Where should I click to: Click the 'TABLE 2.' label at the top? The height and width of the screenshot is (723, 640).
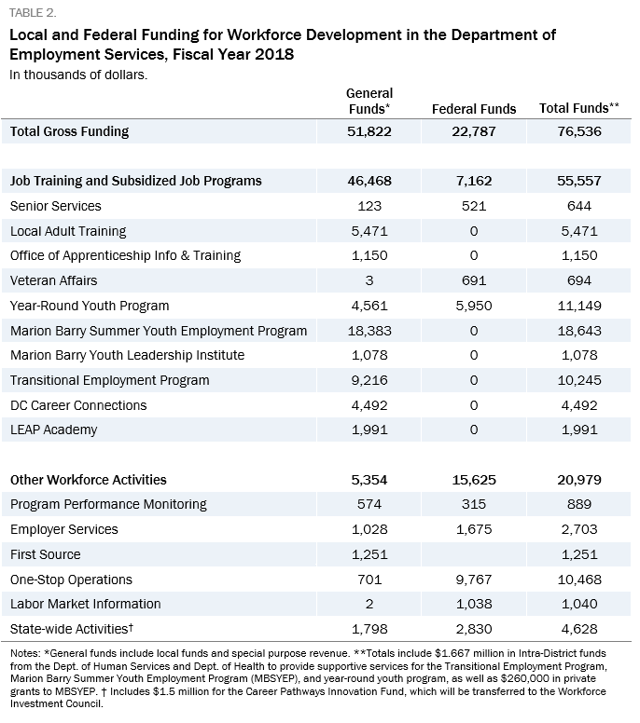[33, 13]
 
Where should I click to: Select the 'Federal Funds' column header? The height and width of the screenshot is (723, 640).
[474, 109]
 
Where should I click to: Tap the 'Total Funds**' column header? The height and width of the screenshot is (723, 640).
[579, 108]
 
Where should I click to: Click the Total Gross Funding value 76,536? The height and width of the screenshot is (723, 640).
[579, 131]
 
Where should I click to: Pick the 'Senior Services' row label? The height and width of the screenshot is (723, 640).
[55, 206]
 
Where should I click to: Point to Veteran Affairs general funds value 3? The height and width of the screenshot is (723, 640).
[369, 280]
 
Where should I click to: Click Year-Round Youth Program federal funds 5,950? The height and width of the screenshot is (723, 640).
[474, 306]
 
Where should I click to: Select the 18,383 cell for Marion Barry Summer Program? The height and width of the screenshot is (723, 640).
[369, 331]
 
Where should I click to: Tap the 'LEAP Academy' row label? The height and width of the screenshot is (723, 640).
[53, 430]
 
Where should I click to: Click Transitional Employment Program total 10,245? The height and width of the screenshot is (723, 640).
[579, 380]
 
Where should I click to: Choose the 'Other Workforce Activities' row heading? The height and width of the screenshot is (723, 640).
[89, 480]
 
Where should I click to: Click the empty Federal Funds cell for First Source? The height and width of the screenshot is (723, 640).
[474, 554]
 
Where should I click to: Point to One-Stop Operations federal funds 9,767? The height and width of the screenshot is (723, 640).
[474, 580]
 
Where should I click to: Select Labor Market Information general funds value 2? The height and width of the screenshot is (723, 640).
[369, 604]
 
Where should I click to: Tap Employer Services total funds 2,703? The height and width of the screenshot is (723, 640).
[579, 529]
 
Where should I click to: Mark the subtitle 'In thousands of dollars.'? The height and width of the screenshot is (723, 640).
[78, 75]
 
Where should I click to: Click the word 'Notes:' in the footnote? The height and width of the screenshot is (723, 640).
[25, 653]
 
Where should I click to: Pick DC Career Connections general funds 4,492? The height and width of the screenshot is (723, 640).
[369, 405]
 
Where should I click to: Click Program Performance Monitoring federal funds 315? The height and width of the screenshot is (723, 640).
[474, 504]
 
